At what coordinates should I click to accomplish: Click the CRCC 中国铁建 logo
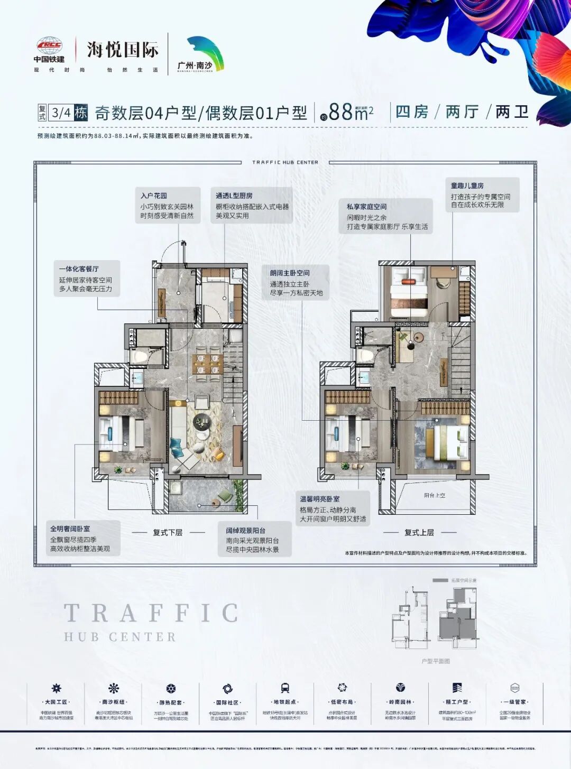[49, 50]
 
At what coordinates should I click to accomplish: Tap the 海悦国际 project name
[123, 50]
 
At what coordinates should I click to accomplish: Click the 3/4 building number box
[61, 113]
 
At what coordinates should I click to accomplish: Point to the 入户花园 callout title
[154, 196]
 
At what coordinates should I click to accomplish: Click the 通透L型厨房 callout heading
[234, 196]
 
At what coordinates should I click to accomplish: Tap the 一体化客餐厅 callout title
[79, 269]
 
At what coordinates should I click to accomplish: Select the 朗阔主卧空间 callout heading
[290, 273]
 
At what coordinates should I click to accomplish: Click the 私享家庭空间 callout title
[366, 207]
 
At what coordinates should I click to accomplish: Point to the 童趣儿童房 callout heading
[467, 186]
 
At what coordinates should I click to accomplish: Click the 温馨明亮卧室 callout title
[320, 499]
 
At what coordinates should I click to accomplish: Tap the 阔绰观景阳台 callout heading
[246, 531]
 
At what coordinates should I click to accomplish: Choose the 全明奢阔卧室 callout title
[70, 529]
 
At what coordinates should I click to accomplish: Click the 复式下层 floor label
[168, 533]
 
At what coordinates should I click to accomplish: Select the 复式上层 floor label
[419, 533]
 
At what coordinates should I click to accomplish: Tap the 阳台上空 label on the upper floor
[435, 496]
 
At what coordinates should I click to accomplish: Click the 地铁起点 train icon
[285, 688]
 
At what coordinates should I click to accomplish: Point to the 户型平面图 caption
[436, 661]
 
